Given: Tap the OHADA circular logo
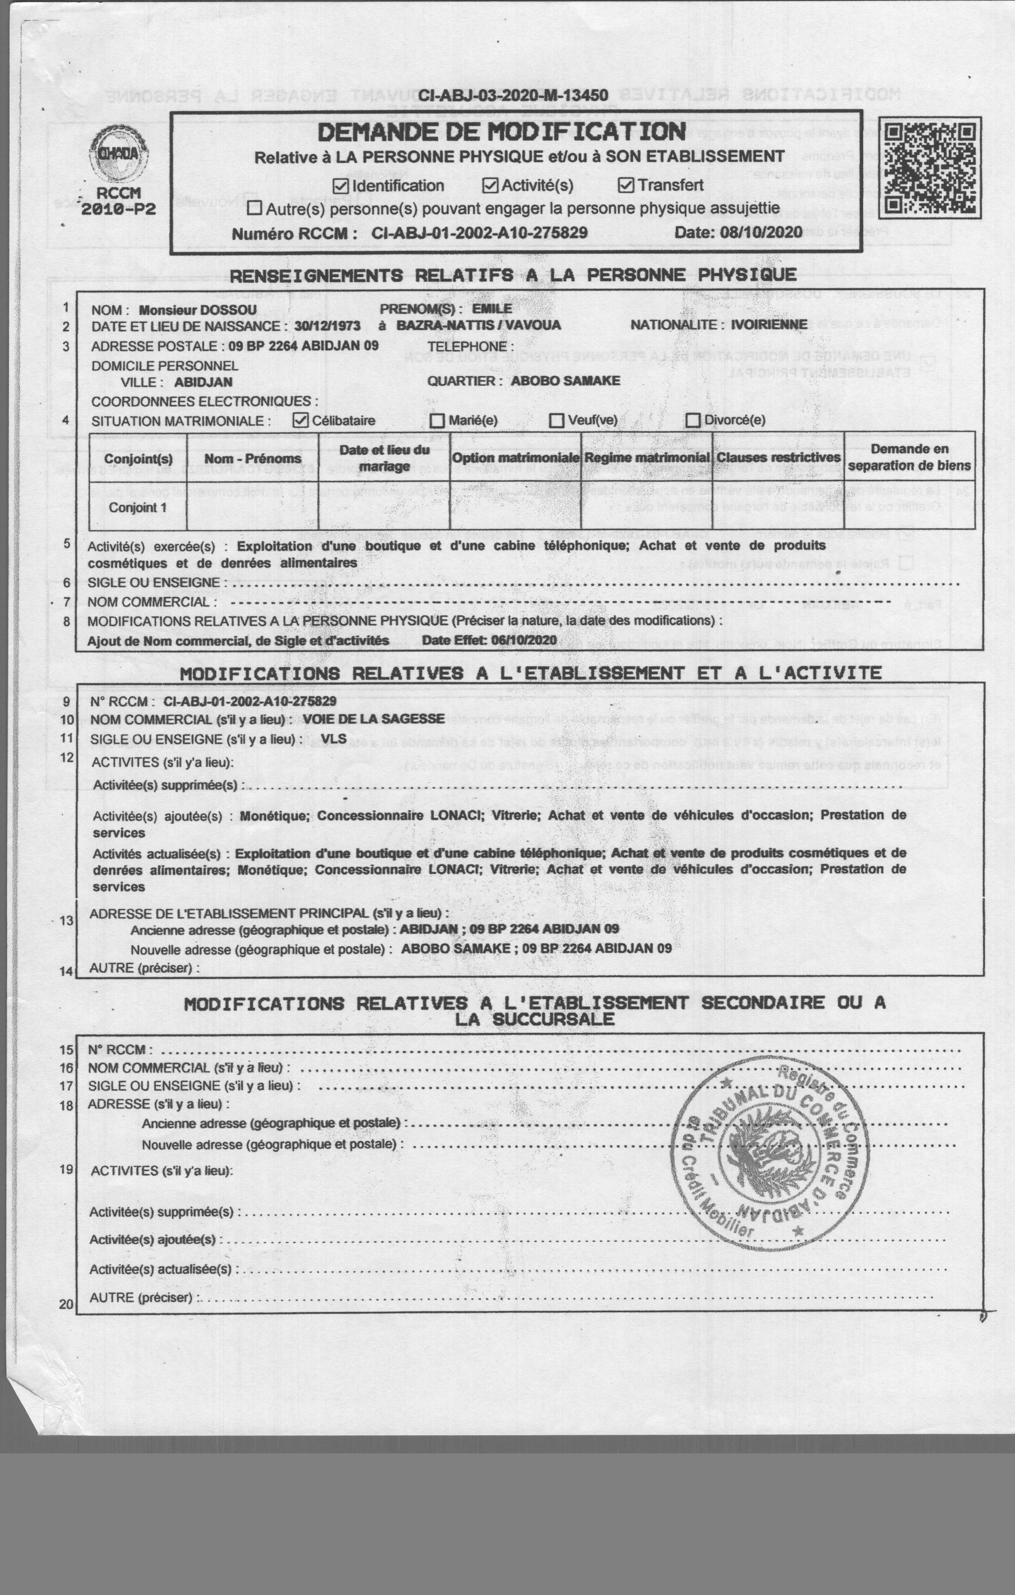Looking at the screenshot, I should [x=119, y=153].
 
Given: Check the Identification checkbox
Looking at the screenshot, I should [x=341, y=186].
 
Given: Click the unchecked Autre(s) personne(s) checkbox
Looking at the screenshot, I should [x=255, y=209].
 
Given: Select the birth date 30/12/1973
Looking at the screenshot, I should [x=327, y=326].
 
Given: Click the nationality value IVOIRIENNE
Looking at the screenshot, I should [x=769, y=325].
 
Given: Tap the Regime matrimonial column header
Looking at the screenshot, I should [x=647, y=458].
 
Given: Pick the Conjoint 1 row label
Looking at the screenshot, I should [x=138, y=508].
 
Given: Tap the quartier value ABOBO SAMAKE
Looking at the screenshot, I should [x=565, y=381].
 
